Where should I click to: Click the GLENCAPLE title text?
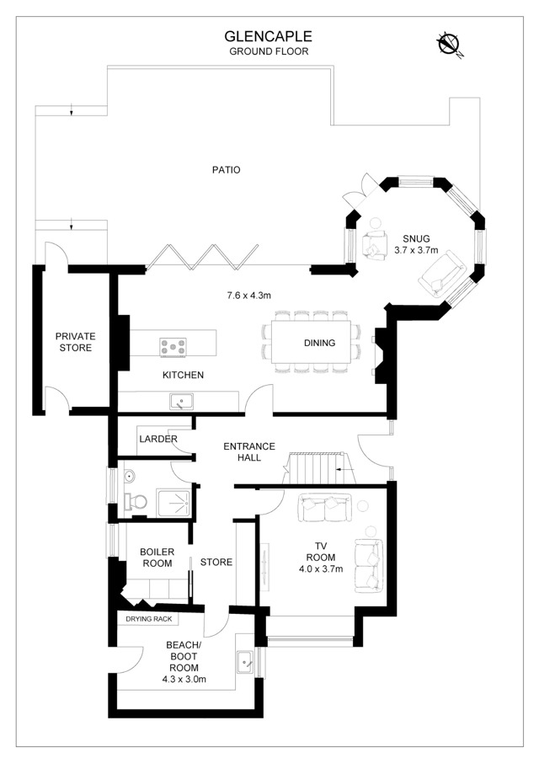tap(268, 36)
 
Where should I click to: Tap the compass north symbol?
tap(450, 45)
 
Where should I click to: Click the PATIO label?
tap(227, 170)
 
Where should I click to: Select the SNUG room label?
tap(416, 239)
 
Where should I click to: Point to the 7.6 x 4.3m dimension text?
tap(248, 296)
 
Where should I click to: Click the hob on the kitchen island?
tap(173, 348)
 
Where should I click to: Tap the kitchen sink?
tap(181, 402)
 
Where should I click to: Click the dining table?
tap(311, 342)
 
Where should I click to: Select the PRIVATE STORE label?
tap(76, 342)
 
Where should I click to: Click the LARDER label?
tap(158, 439)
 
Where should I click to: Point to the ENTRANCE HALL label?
tap(249, 452)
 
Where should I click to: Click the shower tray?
tap(173, 503)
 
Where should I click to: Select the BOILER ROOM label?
tap(157, 558)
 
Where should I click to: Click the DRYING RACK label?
tap(149, 619)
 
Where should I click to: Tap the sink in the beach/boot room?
tap(245, 662)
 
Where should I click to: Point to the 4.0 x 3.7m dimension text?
tap(321, 568)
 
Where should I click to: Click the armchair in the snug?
tap(374, 242)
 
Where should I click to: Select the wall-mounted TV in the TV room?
tap(264, 565)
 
